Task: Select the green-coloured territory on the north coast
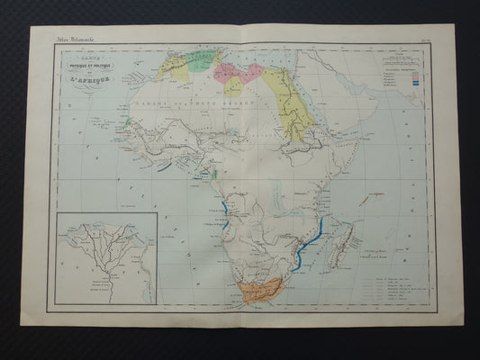tap(203, 61)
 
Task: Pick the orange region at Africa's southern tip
tap(263, 290)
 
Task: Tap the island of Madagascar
tap(343, 243)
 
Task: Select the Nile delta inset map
tap(105, 257)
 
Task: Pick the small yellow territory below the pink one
tap(233, 86)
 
